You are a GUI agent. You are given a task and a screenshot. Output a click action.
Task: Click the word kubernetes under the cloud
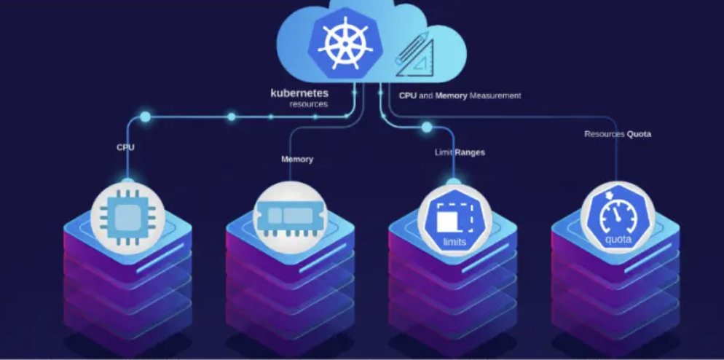[299, 93]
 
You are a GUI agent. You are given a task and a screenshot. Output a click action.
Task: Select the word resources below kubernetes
[308, 104]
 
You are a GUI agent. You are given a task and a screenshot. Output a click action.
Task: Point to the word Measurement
[495, 95]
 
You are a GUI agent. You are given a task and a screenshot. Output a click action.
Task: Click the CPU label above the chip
[125, 147]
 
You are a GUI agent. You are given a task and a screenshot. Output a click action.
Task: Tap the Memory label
[297, 159]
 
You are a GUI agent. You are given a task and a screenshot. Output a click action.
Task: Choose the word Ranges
[471, 153]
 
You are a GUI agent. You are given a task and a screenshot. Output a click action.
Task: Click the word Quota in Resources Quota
[639, 134]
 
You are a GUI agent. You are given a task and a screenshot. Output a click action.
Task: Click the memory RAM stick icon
[290, 216]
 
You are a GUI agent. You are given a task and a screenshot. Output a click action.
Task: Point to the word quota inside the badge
[618, 239]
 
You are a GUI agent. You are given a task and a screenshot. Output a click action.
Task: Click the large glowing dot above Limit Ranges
[427, 127]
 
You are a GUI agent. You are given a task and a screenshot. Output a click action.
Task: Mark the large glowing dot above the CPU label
[146, 117]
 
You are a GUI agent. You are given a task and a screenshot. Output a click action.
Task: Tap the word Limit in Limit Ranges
[443, 153]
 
